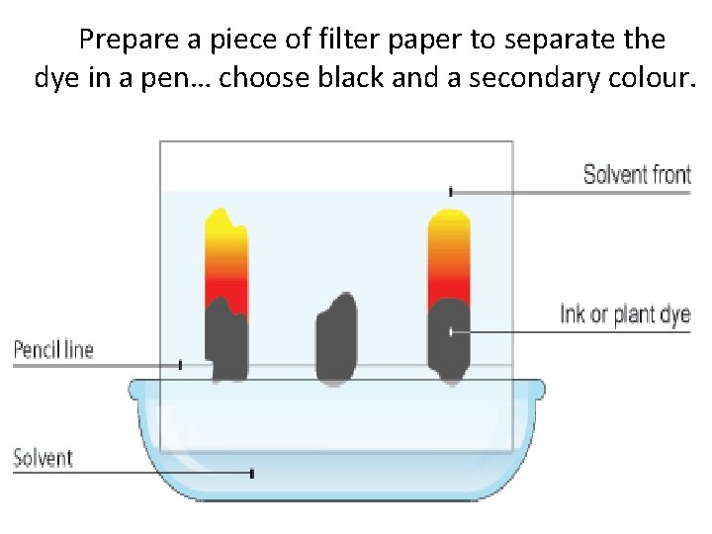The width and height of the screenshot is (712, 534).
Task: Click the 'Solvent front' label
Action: tap(636, 175)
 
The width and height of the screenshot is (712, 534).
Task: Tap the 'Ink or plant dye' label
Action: tap(624, 315)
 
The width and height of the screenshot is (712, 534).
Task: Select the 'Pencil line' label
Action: tap(53, 349)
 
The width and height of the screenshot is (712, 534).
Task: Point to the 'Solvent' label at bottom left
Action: tap(44, 458)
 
